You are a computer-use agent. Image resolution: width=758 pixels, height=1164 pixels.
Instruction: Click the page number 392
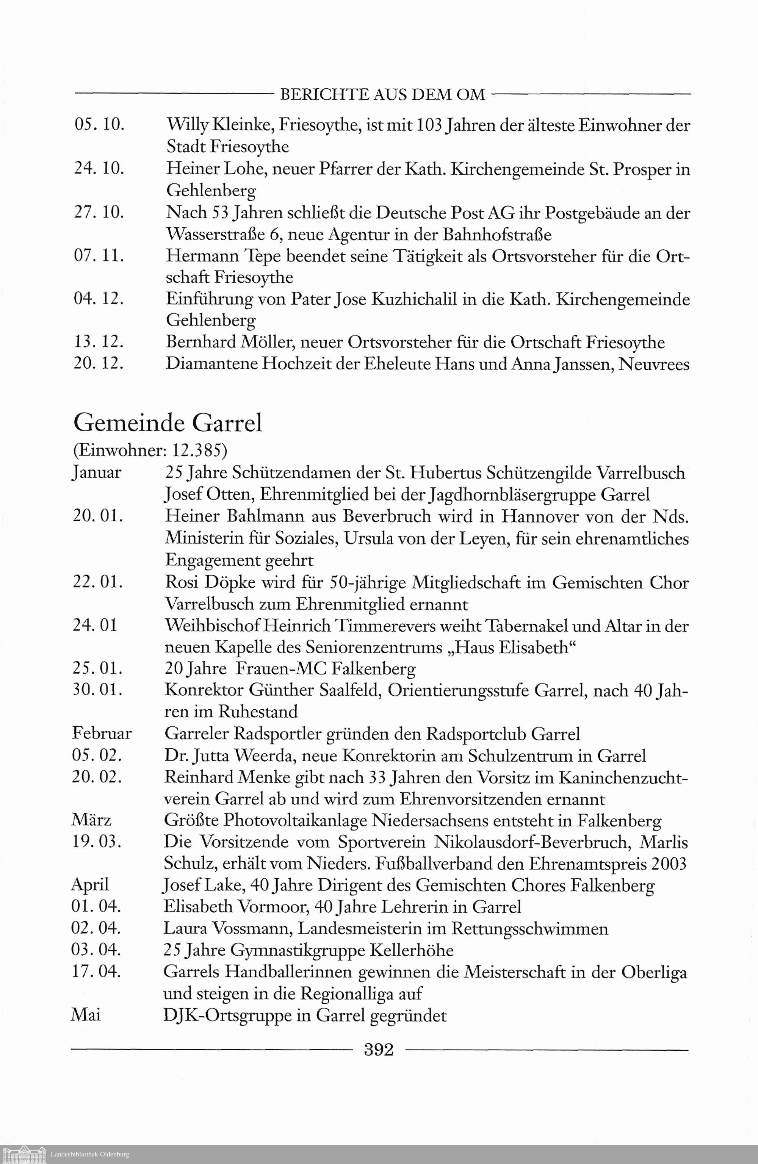pyautogui.click(x=379, y=1050)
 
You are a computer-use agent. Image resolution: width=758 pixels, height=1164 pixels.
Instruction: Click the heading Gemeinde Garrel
pyautogui.click(x=168, y=423)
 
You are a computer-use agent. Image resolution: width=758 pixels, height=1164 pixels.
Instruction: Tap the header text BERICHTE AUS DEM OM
pyautogui.click(x=382, y=94)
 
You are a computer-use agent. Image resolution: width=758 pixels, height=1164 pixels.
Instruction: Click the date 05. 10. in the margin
pyautogui.click(x=99, y=125)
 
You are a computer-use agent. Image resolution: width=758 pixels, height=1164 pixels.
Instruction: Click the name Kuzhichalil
pyautogui.click(x=414, y=299)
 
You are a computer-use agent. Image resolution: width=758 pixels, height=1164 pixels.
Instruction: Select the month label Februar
pyautogui.click(x=102, y=734)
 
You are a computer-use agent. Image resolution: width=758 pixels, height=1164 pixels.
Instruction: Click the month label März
pyautogui.click(x=91, y=820)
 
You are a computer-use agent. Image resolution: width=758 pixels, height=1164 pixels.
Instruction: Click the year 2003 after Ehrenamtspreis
pyautogui.click(x=669, y=864)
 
